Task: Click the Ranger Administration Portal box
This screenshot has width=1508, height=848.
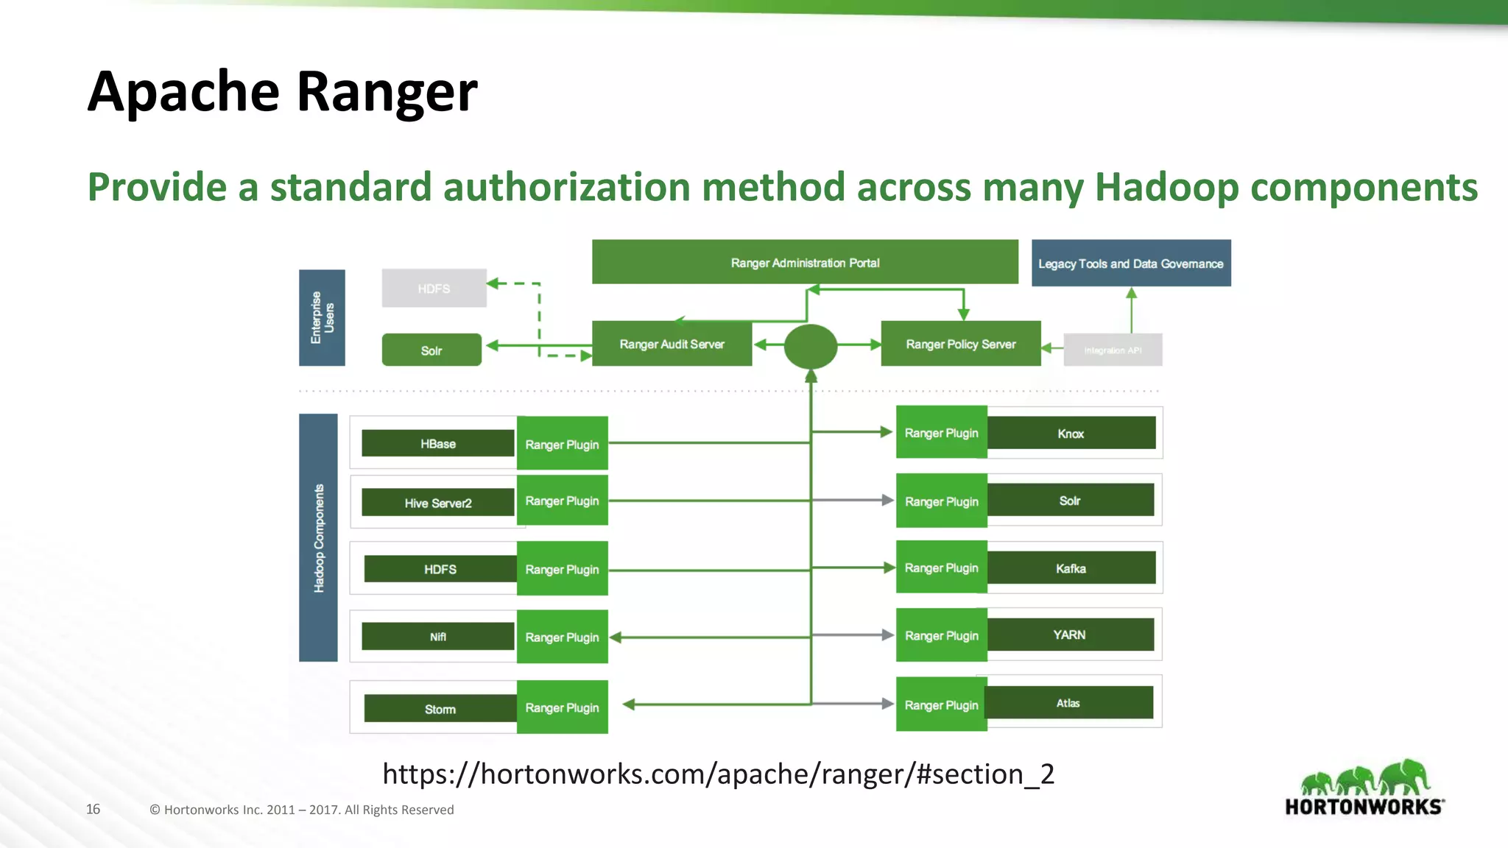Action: coord(805,262)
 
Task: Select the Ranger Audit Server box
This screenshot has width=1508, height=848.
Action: coord(672,344)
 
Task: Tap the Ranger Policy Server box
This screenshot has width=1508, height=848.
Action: coord(960,344)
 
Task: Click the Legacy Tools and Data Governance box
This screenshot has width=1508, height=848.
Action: coord(1130,264)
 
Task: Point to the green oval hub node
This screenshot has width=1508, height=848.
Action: coord(810,346)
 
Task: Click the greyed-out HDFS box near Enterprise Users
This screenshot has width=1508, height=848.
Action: coord(434,289)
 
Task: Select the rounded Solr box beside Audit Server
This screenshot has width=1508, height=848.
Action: coord(431,350)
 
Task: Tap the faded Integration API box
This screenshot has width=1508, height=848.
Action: coord(1113,350)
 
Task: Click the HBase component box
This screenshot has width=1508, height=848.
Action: coord(438,444)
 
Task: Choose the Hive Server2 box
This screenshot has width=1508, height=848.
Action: coord(438,503)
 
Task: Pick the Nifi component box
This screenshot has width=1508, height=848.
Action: coord(438,637)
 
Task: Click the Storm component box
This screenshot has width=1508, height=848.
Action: coord(440,709)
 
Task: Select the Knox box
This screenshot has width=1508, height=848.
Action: coord(1071,434)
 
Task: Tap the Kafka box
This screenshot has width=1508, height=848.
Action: coord(1071,568)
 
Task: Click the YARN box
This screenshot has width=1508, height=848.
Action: coord(1069,635)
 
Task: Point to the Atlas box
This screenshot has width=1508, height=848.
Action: coord(1068,703)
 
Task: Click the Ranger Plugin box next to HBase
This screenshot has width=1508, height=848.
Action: coord(562,444)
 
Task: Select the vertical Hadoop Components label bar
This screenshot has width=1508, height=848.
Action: coord(318,537)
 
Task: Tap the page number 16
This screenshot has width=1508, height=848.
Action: coord(93,809)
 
